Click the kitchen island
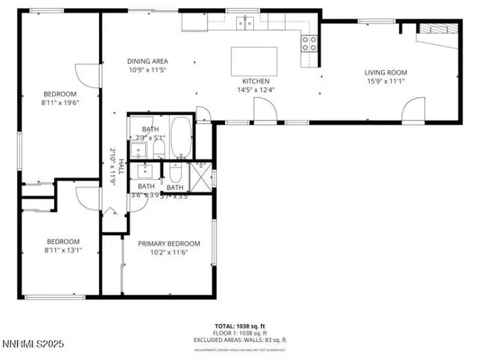pos(254,61)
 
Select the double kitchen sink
pos(245,23)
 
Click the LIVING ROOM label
pos(386,73)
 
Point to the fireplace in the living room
pos(437,28)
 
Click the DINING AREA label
pos(147,61)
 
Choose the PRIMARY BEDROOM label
pos(169,244)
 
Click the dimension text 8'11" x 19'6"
pos(60,102)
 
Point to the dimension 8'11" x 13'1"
pos(62,250)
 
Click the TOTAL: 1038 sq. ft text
pos(240,326)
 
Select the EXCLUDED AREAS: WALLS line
pos(240,340)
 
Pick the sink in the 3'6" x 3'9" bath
pos(144,171)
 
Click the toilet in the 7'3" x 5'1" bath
pos(159,150)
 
